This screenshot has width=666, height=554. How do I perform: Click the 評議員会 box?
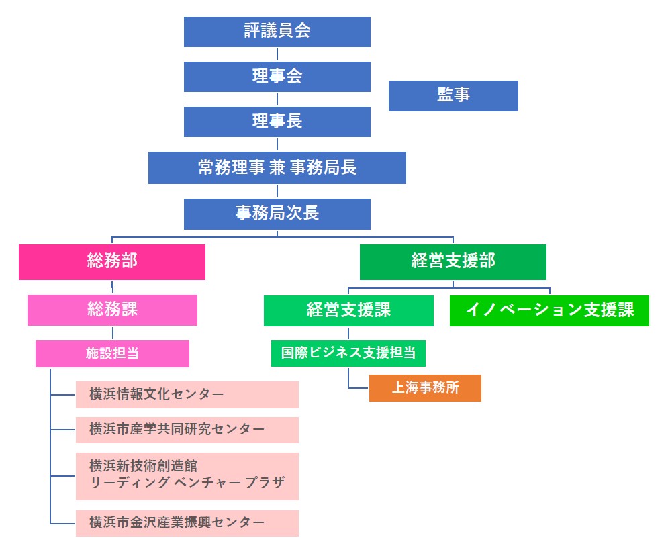(277, 32)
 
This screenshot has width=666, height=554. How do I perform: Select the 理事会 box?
(277, 77)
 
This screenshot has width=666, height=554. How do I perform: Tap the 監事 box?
(453, 96)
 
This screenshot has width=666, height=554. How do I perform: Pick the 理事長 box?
(277, 122)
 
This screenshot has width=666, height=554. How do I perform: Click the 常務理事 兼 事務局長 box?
(277, 168)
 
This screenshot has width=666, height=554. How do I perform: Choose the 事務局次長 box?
(277, 214)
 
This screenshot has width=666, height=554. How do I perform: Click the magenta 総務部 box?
(112, 262)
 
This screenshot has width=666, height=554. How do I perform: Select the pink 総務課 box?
(113, 310)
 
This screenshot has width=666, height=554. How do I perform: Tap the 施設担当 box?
(113, 354)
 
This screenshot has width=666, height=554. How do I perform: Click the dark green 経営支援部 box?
(453, 262)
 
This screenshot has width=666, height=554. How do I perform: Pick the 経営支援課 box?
(348, 311)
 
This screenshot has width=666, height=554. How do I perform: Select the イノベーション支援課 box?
(550, 311)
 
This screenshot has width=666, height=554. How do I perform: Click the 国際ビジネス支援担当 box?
(348, 353)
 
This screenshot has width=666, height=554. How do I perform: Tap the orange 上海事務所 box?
(425, 388)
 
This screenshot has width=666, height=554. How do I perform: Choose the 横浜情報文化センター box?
(187, 395)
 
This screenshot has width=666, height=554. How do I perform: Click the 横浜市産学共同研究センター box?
(187, 430)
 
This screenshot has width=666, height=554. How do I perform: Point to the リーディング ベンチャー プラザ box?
(187, 476)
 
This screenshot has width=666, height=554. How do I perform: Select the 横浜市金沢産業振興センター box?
(187, 523)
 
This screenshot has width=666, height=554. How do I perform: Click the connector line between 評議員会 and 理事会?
(277, 54)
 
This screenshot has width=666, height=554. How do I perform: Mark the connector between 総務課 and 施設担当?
(113, 333)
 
